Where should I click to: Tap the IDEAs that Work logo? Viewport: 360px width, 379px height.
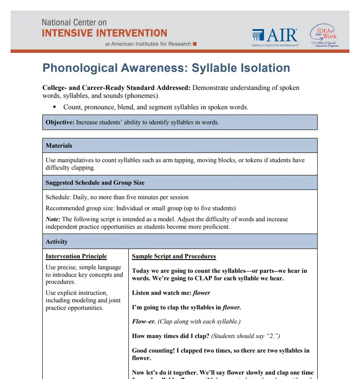pos(324,35)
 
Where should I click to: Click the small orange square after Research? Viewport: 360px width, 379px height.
pos(195,44)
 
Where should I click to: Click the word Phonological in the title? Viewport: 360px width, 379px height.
pos(80,68)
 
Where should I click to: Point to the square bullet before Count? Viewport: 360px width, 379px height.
pos(55,107)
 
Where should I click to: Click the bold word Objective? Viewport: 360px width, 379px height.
pos(60,122)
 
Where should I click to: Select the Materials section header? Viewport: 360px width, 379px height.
pos(59,145)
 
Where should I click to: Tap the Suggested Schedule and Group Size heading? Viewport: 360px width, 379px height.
pos(95,182)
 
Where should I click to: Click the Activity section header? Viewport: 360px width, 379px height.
pos(56,242)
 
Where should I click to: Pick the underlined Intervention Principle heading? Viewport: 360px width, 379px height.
pos(76,256)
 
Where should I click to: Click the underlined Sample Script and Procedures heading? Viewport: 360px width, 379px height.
pos(174,256)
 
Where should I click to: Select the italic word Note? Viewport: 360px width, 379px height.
pos(53,219)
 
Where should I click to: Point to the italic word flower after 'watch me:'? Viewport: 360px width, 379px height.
pos(201,293)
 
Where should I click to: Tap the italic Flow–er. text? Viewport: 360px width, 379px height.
pos(144,321)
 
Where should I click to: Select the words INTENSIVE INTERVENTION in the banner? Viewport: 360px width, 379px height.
pos(105,33)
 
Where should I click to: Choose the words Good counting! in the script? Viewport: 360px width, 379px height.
pos(153,350)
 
